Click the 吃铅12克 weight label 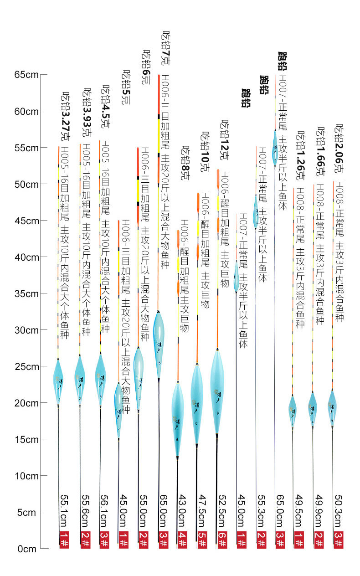pyautogui.click(x=224, y=139)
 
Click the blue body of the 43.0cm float pyautogui.click(x=177, y=417)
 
